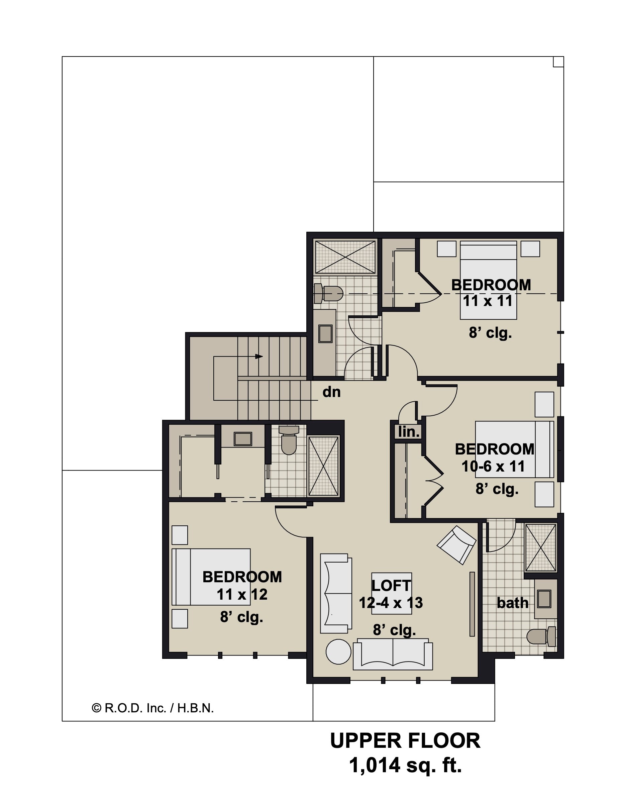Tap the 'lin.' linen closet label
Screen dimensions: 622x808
(409, 432)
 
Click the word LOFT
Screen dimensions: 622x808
(391, 585)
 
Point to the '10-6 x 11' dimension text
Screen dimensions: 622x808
(493, 467)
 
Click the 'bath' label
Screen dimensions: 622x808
(512, 603)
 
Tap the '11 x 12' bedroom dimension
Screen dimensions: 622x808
(242, 595)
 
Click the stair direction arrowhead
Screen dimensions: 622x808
(259, 357)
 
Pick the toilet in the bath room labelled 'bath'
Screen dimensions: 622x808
(541, 636)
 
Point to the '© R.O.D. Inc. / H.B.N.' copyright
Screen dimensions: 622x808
(153, 708)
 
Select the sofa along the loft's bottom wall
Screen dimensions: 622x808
(393, 654)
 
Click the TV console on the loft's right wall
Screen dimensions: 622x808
(472, 604)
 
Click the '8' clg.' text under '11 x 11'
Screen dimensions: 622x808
(490, 333)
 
